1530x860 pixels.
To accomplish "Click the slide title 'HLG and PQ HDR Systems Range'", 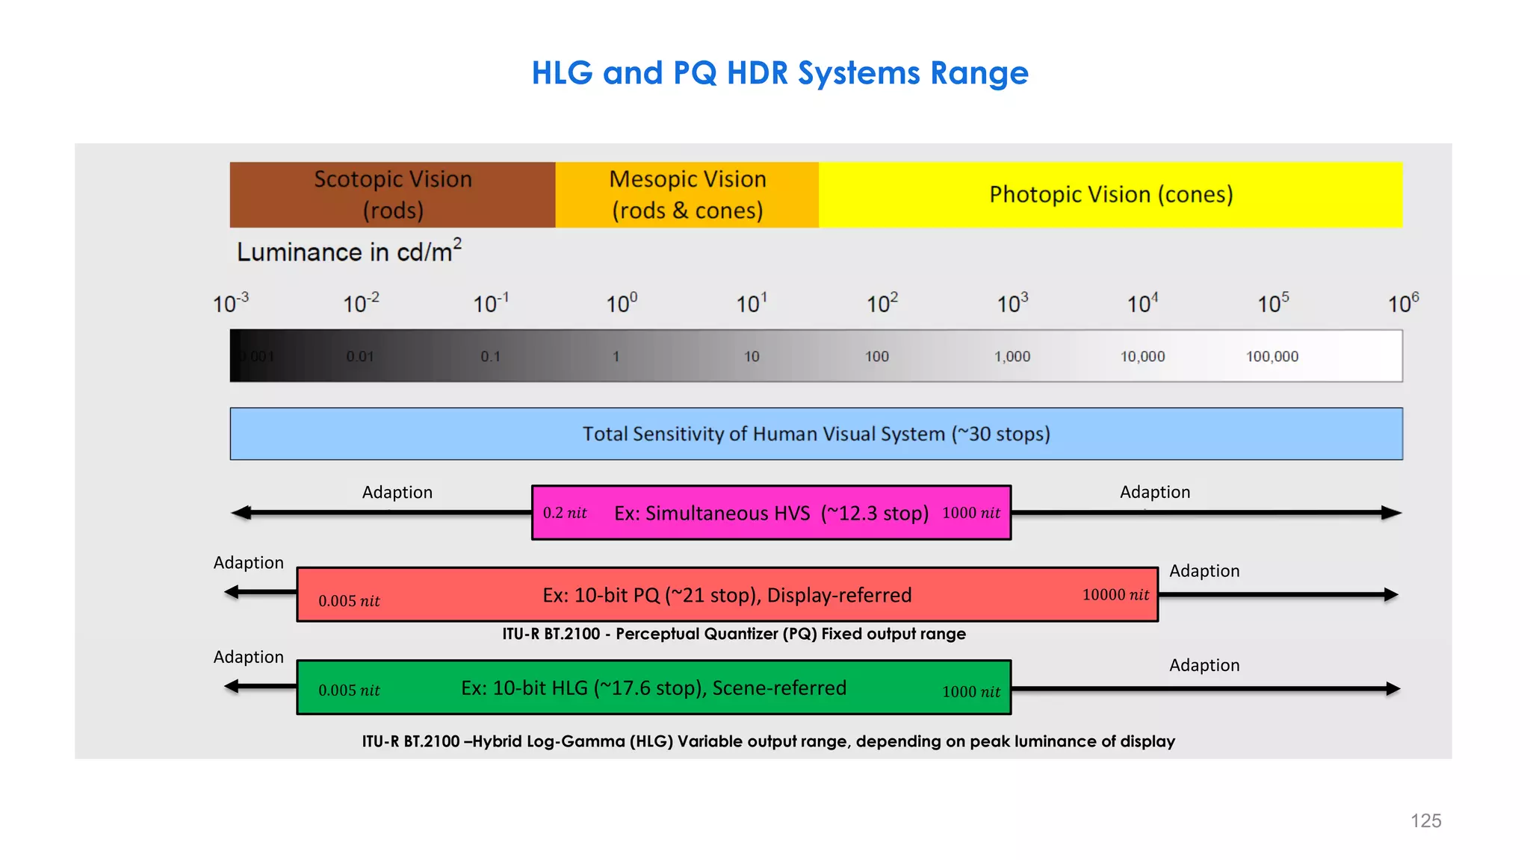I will coord(780,73).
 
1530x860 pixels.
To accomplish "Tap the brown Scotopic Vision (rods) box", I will coord(392,195).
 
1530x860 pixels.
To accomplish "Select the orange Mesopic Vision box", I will coord(687,195).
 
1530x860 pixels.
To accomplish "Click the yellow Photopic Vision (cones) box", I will coord(1110,195).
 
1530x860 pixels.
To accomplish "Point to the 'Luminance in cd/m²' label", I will coord(349,251).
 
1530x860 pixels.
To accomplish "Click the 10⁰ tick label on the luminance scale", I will coord(621,303).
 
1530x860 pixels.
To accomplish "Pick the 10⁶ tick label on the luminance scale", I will coord(1403,303).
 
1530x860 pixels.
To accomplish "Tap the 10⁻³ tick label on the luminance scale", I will coord(230,303).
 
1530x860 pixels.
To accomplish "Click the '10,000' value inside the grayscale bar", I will coord(1142,357).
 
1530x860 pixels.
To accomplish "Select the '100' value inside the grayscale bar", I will coord(877,357).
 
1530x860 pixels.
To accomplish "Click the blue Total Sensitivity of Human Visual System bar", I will coord(816,434).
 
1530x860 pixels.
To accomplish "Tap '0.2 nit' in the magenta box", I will coord(565,513).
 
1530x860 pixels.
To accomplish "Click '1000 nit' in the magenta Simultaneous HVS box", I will coord(970,513).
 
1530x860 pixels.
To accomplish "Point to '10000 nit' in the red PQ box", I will coord(1115,595).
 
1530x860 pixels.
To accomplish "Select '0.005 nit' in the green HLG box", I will coord(349,691).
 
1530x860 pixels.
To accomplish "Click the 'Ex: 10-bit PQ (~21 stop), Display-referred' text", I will coord(727,595).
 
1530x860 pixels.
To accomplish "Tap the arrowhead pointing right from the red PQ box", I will coord(1390,595).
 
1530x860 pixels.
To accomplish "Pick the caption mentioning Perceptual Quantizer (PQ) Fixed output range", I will coord(734,634).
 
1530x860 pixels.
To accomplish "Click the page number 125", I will coord(1425,821).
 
